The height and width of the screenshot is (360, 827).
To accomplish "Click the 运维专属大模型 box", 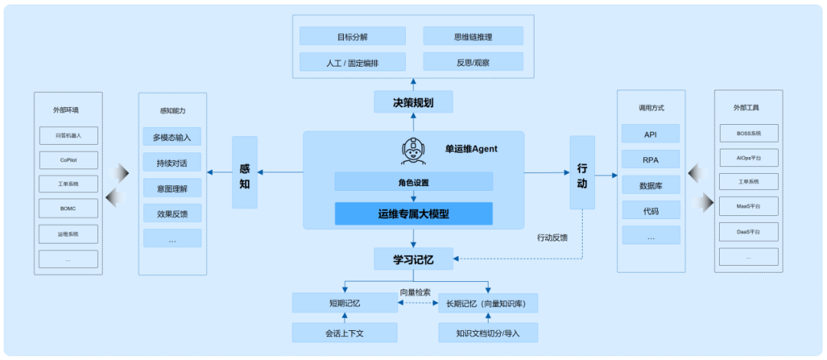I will coord(413,214).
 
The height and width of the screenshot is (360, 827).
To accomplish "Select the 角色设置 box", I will coord(413,182).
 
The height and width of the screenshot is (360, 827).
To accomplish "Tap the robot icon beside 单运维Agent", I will coord(413,151).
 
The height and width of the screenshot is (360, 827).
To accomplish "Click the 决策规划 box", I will coord(413,102).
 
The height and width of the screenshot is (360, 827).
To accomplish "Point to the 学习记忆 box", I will coord(413,259).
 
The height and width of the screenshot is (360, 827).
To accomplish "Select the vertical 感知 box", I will coord(244,172).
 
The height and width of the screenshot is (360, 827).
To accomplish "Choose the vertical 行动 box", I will coord(582,172).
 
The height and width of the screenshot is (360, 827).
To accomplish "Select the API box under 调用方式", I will coord(650,134).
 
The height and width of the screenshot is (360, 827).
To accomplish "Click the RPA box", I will coord(650,159).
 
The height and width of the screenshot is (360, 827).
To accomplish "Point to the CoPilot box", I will coord(68,160).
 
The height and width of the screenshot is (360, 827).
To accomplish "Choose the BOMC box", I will coord(68,208).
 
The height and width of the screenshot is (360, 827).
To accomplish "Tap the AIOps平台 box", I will coord(748,157).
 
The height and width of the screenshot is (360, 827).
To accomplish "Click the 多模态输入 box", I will coord(172,137).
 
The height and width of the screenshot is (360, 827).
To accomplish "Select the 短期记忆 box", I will coord(345,303).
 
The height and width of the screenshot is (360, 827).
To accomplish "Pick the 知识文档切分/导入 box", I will coord(488,333).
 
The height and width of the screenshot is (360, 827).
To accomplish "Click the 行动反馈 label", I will coord(552,237).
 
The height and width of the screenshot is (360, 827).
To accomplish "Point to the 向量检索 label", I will coord(415,292).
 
